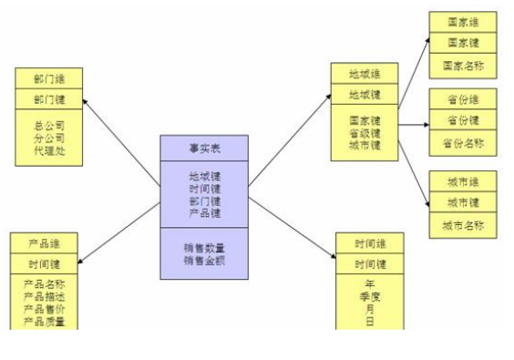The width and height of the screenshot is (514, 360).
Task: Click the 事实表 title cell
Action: [x=204, y=148]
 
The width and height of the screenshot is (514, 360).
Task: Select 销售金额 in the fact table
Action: [x=204, y=261]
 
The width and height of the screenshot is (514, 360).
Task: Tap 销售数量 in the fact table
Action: [x=204, y=248]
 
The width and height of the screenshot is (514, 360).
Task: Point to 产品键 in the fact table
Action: [x=204, y=212]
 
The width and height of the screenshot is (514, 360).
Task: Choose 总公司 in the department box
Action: [x=49, y=125]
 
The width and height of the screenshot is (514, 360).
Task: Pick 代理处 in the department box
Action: [x=49, y=149]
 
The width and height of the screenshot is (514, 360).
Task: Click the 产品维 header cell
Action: [x=44, y=243]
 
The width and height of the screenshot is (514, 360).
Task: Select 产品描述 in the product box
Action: [x=44, y=297]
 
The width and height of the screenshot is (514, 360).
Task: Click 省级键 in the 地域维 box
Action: [x=365, y=133]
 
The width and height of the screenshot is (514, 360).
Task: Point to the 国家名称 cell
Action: [x=463, y=66]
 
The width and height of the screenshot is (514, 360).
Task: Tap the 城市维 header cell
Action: [x=463, y=180]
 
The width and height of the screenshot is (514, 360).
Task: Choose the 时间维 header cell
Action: [x=370, y=243]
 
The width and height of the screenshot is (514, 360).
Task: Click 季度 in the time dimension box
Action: [x=370, y=296]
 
